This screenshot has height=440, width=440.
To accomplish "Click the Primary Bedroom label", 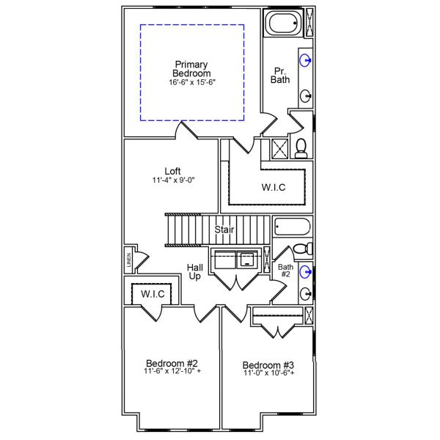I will click(191, 68).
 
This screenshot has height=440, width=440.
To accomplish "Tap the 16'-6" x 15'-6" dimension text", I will click(191, 83).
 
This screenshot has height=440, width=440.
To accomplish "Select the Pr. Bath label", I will click(279, 76).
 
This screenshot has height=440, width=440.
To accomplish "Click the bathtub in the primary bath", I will click(283, 23).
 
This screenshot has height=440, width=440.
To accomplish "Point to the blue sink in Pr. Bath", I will click(304, 59).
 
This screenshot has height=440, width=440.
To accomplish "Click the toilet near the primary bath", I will click(301, 147).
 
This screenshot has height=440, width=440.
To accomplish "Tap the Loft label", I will click(173, 171).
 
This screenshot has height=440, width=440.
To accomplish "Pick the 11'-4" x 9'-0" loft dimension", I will click(173, 180).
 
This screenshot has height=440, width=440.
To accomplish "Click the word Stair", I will click(224, 230).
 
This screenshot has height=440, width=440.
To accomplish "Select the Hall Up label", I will click(195, 272).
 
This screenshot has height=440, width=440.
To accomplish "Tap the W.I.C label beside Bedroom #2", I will click(153, 294).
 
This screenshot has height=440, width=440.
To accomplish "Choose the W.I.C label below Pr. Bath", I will click(273, 187).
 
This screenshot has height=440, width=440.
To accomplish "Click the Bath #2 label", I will click(285, 271).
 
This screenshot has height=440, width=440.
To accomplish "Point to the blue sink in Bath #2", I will click(305, 272).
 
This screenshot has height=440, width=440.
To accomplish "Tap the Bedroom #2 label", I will click(172, 363).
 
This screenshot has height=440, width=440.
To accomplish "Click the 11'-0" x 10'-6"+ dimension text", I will click(268, 374).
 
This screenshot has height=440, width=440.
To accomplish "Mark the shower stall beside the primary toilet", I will click(279, 148).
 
